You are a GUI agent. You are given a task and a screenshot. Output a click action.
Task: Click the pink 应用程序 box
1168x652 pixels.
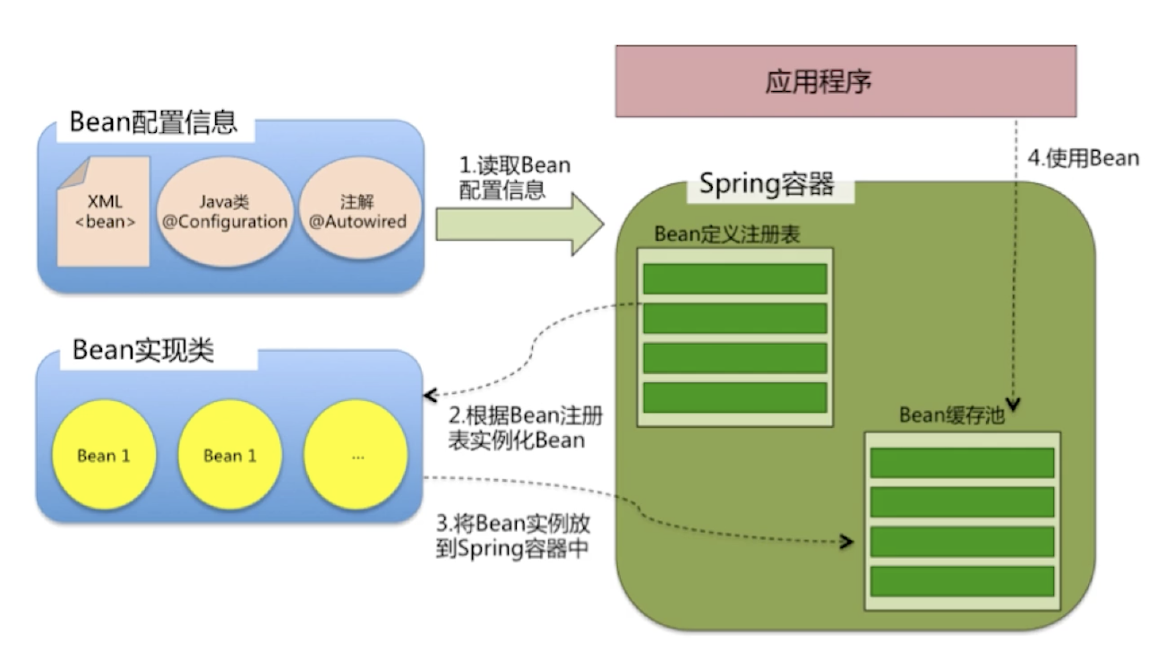(846, 81)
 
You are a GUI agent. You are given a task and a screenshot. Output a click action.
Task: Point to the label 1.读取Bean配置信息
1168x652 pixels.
(514, 177)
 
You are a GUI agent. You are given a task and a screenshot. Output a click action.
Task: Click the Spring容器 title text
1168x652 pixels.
(766, 184)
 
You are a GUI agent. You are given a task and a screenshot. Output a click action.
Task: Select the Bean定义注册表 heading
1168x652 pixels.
(727, 234)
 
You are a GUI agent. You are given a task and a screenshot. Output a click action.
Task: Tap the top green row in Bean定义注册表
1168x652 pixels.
(735, 279)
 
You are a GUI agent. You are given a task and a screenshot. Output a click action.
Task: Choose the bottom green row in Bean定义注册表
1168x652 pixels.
(735, 397)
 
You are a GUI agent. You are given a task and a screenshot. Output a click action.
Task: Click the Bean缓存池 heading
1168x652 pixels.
(951, 415)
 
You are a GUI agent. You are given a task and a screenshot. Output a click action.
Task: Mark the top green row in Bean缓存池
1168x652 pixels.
(962, 463)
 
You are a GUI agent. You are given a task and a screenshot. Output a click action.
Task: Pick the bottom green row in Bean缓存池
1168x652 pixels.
(962, 581)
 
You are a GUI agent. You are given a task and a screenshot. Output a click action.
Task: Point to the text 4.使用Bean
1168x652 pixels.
(1083, 158)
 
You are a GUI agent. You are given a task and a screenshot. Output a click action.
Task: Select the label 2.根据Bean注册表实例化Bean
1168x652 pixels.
(524, 427)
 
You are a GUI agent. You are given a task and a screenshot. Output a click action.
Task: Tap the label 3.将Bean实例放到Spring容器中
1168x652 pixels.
(513, 536)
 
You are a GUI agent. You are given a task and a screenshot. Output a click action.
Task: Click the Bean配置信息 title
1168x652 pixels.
(153, 123)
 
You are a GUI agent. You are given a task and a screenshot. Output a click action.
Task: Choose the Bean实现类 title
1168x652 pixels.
(143, 349)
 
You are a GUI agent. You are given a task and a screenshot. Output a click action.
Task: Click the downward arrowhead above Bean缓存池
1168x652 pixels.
(1013, 404)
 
